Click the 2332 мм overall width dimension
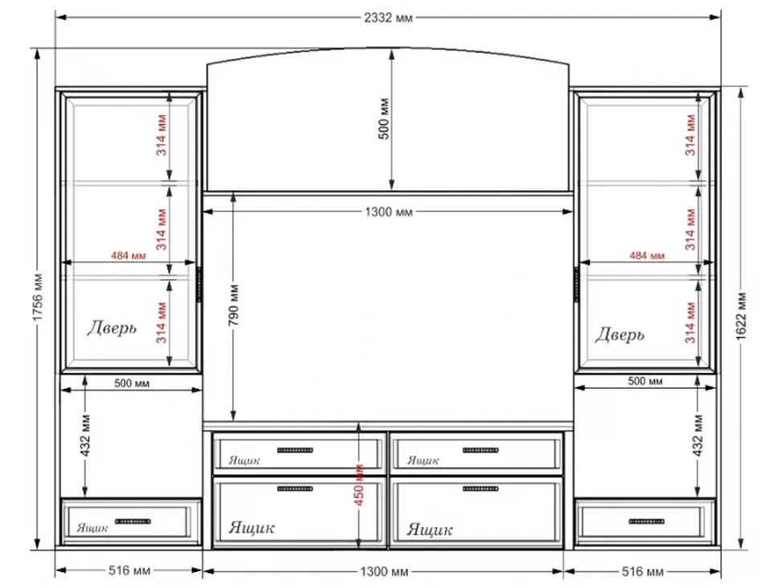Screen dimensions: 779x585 (388, 18)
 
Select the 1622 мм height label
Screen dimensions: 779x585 (740, 316)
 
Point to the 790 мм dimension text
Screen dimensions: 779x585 (234, 305)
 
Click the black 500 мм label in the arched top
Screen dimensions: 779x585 (384, 119)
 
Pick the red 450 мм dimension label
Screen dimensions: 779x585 (359, 485)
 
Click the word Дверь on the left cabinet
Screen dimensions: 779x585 (112, 328)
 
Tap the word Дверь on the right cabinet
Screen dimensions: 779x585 (619, 334)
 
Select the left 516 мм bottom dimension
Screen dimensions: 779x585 (129, 571)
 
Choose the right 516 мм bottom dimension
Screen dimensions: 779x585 (642, 571)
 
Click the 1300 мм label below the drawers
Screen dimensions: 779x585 (384, 571)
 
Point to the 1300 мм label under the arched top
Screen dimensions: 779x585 (389, 212)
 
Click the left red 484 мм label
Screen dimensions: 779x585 (128, 256)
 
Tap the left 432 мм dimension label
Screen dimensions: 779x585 (85, 436)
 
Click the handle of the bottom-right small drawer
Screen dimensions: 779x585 (646, 522)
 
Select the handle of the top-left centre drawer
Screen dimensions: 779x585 (295, 450)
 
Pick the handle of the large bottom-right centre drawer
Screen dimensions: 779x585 (480, 489)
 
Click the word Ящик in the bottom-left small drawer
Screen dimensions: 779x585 (92, 528)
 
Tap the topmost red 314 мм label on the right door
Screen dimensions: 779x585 (690, 135)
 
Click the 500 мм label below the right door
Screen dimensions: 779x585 (645, 381)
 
